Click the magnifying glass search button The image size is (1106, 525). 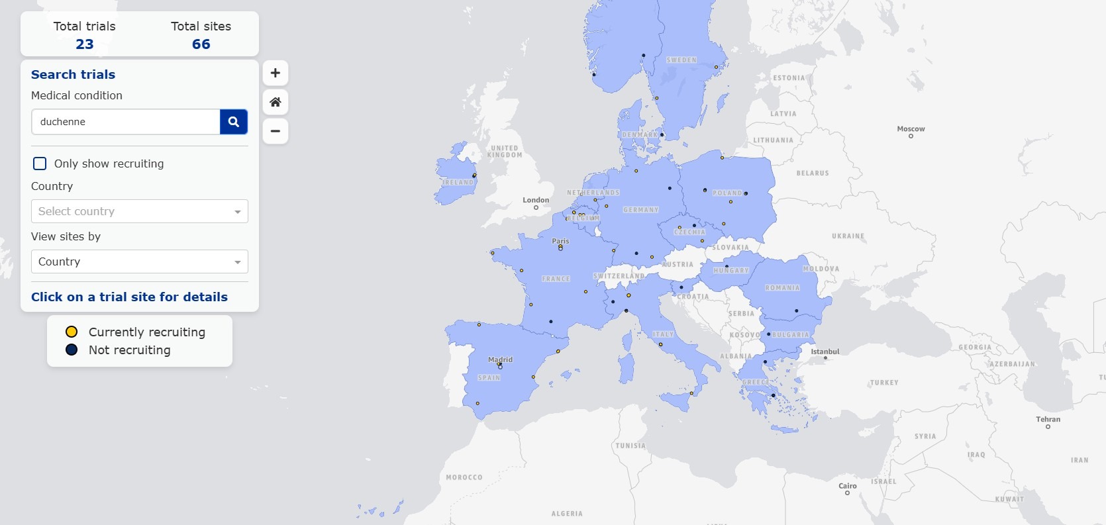pyautogui.click(x=234, y=122)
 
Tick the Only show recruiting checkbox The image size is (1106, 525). pyautogui.click(x=40, y=164)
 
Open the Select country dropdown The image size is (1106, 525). pyautogui.click(x=139, y=211)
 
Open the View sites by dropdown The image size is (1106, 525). pyautogui.click(x=139, y=262)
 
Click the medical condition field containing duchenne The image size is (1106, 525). pyautogui.click(x=125, y=122)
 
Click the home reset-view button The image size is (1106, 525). pyautogui.click(x=276, y=102)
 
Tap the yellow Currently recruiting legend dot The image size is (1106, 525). pyautogui.click(x=72, y=332)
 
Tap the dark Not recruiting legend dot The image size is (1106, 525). pyautogui.click(x=72, y=350)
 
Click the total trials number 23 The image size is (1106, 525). pyautogui.click(x=85, y=44)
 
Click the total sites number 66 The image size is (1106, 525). pyautogui.click(x=201, y=44)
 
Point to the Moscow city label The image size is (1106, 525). pyautogui.click(x=911, y=129)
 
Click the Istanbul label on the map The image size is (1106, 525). pyautogui.click(x=825, y=352)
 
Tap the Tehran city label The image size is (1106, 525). pyautogui.click(x=1048, y=419)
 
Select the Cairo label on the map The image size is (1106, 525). pyautogui.click(x=847, y=486)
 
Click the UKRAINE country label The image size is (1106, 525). pyautogui.click(x=848, y=236)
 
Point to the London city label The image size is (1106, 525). pyautogui.click(x=536, y=200)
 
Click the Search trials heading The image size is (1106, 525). pyautogui.click(x=73, y=75)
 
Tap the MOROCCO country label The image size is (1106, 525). pyautogui.click(x=464, y=477)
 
